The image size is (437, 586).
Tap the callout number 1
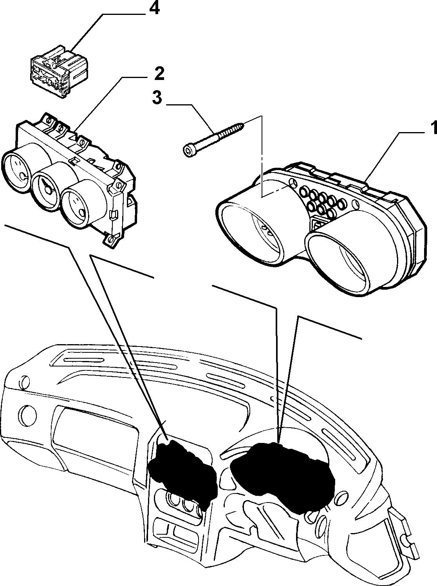433,128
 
